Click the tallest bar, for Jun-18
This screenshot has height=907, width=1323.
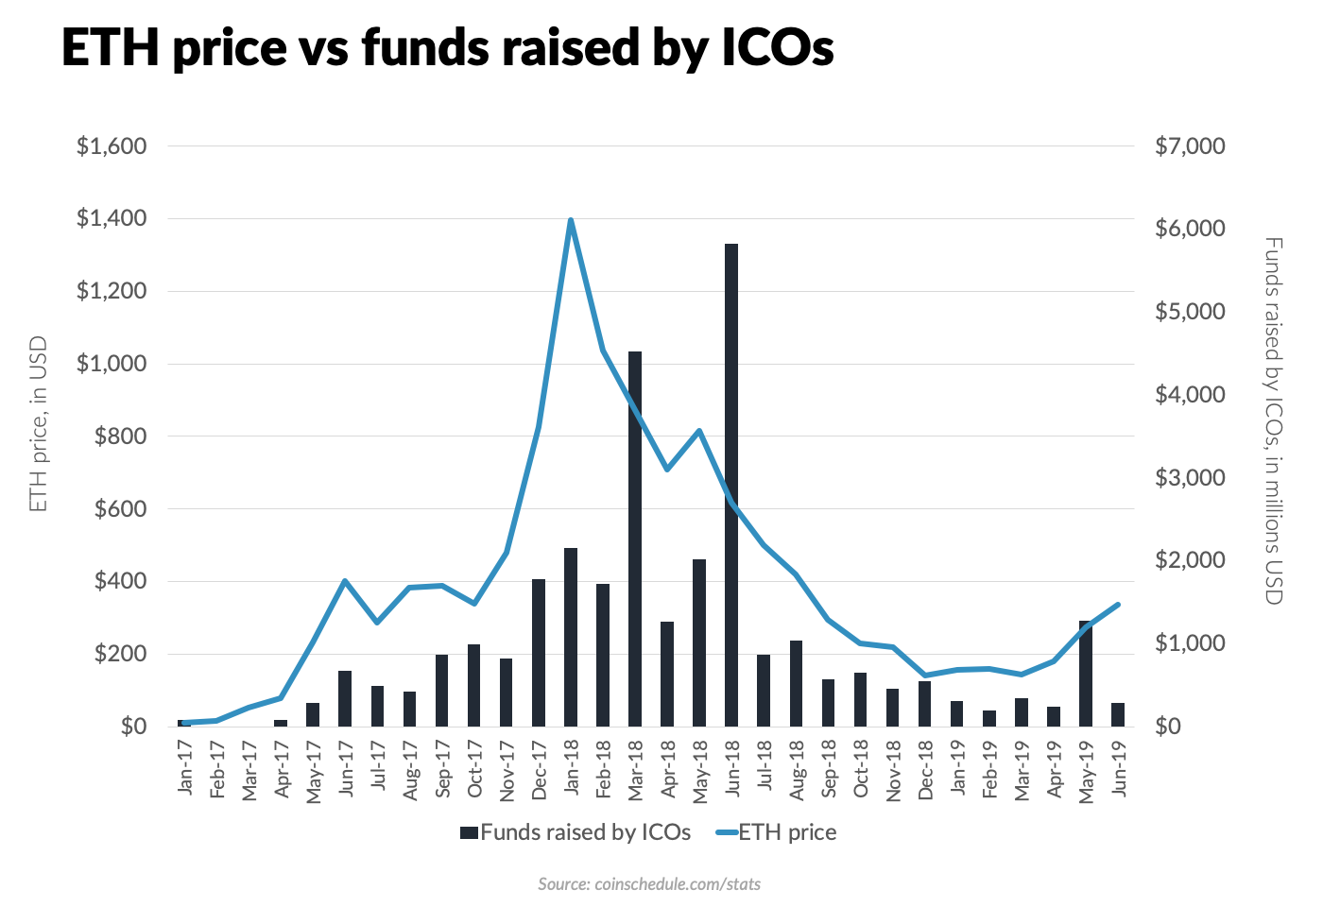coord(731,485)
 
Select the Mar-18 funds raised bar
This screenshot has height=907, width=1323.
coord(635,539)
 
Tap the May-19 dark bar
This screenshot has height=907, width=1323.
coord(1086,674)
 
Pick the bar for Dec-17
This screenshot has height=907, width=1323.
coord(539,653)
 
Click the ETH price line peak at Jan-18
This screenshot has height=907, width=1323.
coord(571,219)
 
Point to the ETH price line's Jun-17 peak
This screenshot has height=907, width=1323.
coord(346,581)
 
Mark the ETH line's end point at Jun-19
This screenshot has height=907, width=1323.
coord(1117,605)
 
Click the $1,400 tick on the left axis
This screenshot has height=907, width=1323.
coord(112,218)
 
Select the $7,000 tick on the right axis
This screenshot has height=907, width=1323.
coord(1190,145)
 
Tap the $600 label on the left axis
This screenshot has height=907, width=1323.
coord(121,509)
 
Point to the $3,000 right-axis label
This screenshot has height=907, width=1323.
coord(1190,478)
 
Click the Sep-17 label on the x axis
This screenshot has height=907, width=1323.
coord(443,769)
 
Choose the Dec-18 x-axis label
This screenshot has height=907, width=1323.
coord(925,770)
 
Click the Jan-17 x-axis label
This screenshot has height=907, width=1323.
coord(185,767)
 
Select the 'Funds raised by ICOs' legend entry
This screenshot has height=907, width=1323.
coord(576,832)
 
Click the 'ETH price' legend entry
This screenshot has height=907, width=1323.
coord(776,832)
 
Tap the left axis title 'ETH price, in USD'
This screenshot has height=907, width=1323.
coord(39,424)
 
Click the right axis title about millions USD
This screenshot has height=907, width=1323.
coord(1274,421)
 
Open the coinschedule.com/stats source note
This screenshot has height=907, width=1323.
coord(649,884)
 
